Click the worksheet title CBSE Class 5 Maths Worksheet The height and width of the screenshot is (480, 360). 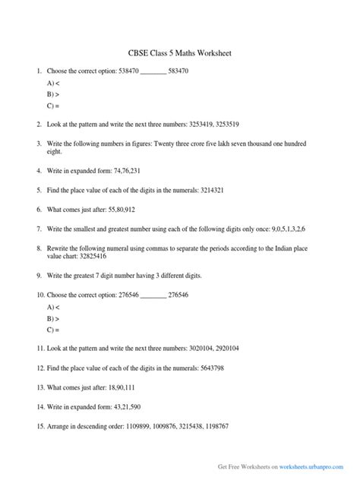180,54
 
